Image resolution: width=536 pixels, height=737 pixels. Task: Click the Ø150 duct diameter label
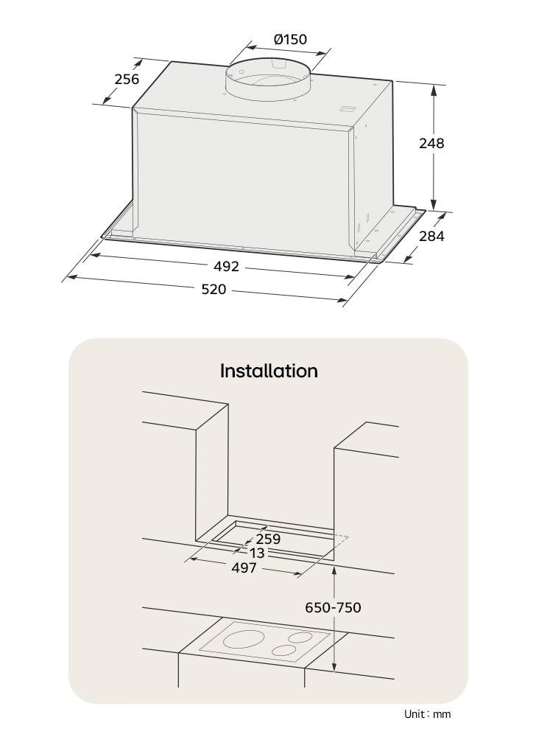[x=290, y=39]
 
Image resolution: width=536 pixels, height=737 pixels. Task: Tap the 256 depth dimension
[x=127, y=79]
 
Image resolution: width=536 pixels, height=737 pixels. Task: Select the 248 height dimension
[x=431, y=143]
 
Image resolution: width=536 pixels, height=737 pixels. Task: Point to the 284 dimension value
[x=431, y=236]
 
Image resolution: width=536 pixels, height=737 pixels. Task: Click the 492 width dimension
[x=226, y=267]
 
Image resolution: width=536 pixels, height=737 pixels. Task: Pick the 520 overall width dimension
[x=214, y=289]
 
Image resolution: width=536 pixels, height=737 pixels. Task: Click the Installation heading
[x=269, y=371]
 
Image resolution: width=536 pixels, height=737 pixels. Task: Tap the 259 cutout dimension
[x=268, y=539]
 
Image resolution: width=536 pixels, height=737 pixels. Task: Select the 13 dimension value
[x=257, y=553]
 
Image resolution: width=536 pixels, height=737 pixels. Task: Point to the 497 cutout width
[x=244, y=567]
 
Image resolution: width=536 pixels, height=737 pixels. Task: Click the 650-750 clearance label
[x=334, y=607]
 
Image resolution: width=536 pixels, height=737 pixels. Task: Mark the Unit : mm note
[x=427, y=714]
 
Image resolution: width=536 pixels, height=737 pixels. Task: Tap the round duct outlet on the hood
[x=267, y=80]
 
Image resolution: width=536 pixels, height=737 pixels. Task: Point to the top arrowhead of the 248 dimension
[x=434, y=90]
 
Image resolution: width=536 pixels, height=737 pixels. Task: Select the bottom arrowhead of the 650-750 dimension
[x=334, y=666]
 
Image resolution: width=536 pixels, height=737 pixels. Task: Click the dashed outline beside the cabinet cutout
[x=342, y=540]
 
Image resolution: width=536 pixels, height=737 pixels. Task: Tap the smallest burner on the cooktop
[x=284, y=651]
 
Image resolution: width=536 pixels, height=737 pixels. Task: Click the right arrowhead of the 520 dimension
[x=342, y=299]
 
